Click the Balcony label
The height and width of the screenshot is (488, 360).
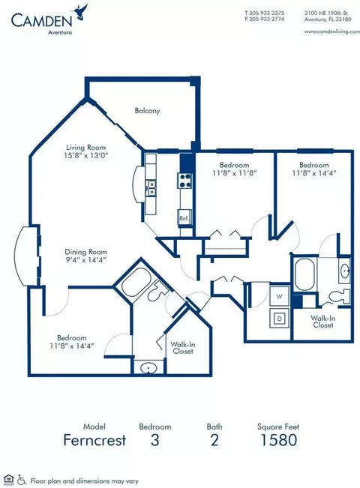147,110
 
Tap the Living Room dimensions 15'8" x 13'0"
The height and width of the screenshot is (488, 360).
85,155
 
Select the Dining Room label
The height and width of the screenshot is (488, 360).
85,252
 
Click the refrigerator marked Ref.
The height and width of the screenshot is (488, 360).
184,218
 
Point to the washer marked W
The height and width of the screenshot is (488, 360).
279,296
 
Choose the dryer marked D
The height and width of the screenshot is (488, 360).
279,319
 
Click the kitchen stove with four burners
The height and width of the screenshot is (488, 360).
184,181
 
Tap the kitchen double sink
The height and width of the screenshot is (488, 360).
151,188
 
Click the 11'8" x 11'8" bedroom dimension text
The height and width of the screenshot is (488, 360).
234,172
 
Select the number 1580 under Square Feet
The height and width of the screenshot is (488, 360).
278,440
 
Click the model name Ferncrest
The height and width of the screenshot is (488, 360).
94,440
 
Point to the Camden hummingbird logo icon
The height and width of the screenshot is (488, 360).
80,13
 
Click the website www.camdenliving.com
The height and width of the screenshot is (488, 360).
332,31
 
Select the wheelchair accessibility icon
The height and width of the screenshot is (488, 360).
22,479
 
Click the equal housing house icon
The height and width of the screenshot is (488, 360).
10,479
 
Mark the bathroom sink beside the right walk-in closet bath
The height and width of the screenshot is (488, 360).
345,271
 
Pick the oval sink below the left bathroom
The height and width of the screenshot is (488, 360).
148,369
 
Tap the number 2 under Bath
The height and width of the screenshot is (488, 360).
214,440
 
